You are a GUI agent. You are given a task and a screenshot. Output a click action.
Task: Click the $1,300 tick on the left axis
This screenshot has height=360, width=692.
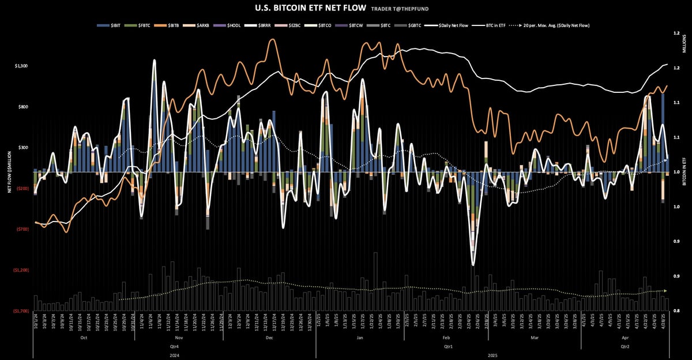point(21,66)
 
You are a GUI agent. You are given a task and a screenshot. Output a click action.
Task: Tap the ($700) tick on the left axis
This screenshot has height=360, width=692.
point(22,229)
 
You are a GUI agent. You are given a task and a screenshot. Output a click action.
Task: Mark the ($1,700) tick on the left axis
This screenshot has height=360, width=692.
point(21,311)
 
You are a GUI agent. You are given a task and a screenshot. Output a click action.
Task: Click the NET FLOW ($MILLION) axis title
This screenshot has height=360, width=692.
point(10,171)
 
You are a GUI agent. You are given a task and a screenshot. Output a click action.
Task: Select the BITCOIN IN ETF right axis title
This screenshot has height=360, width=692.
point(685,171)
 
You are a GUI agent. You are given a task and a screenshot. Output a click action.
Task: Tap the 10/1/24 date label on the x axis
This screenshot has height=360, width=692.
point(35,321)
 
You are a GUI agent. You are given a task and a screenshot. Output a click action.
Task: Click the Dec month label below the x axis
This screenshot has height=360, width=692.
point(269,337)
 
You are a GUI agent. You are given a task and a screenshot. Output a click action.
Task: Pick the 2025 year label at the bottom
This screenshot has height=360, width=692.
point(492,356)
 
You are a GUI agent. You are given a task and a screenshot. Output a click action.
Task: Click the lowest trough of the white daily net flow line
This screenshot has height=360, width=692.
point(473,264)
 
